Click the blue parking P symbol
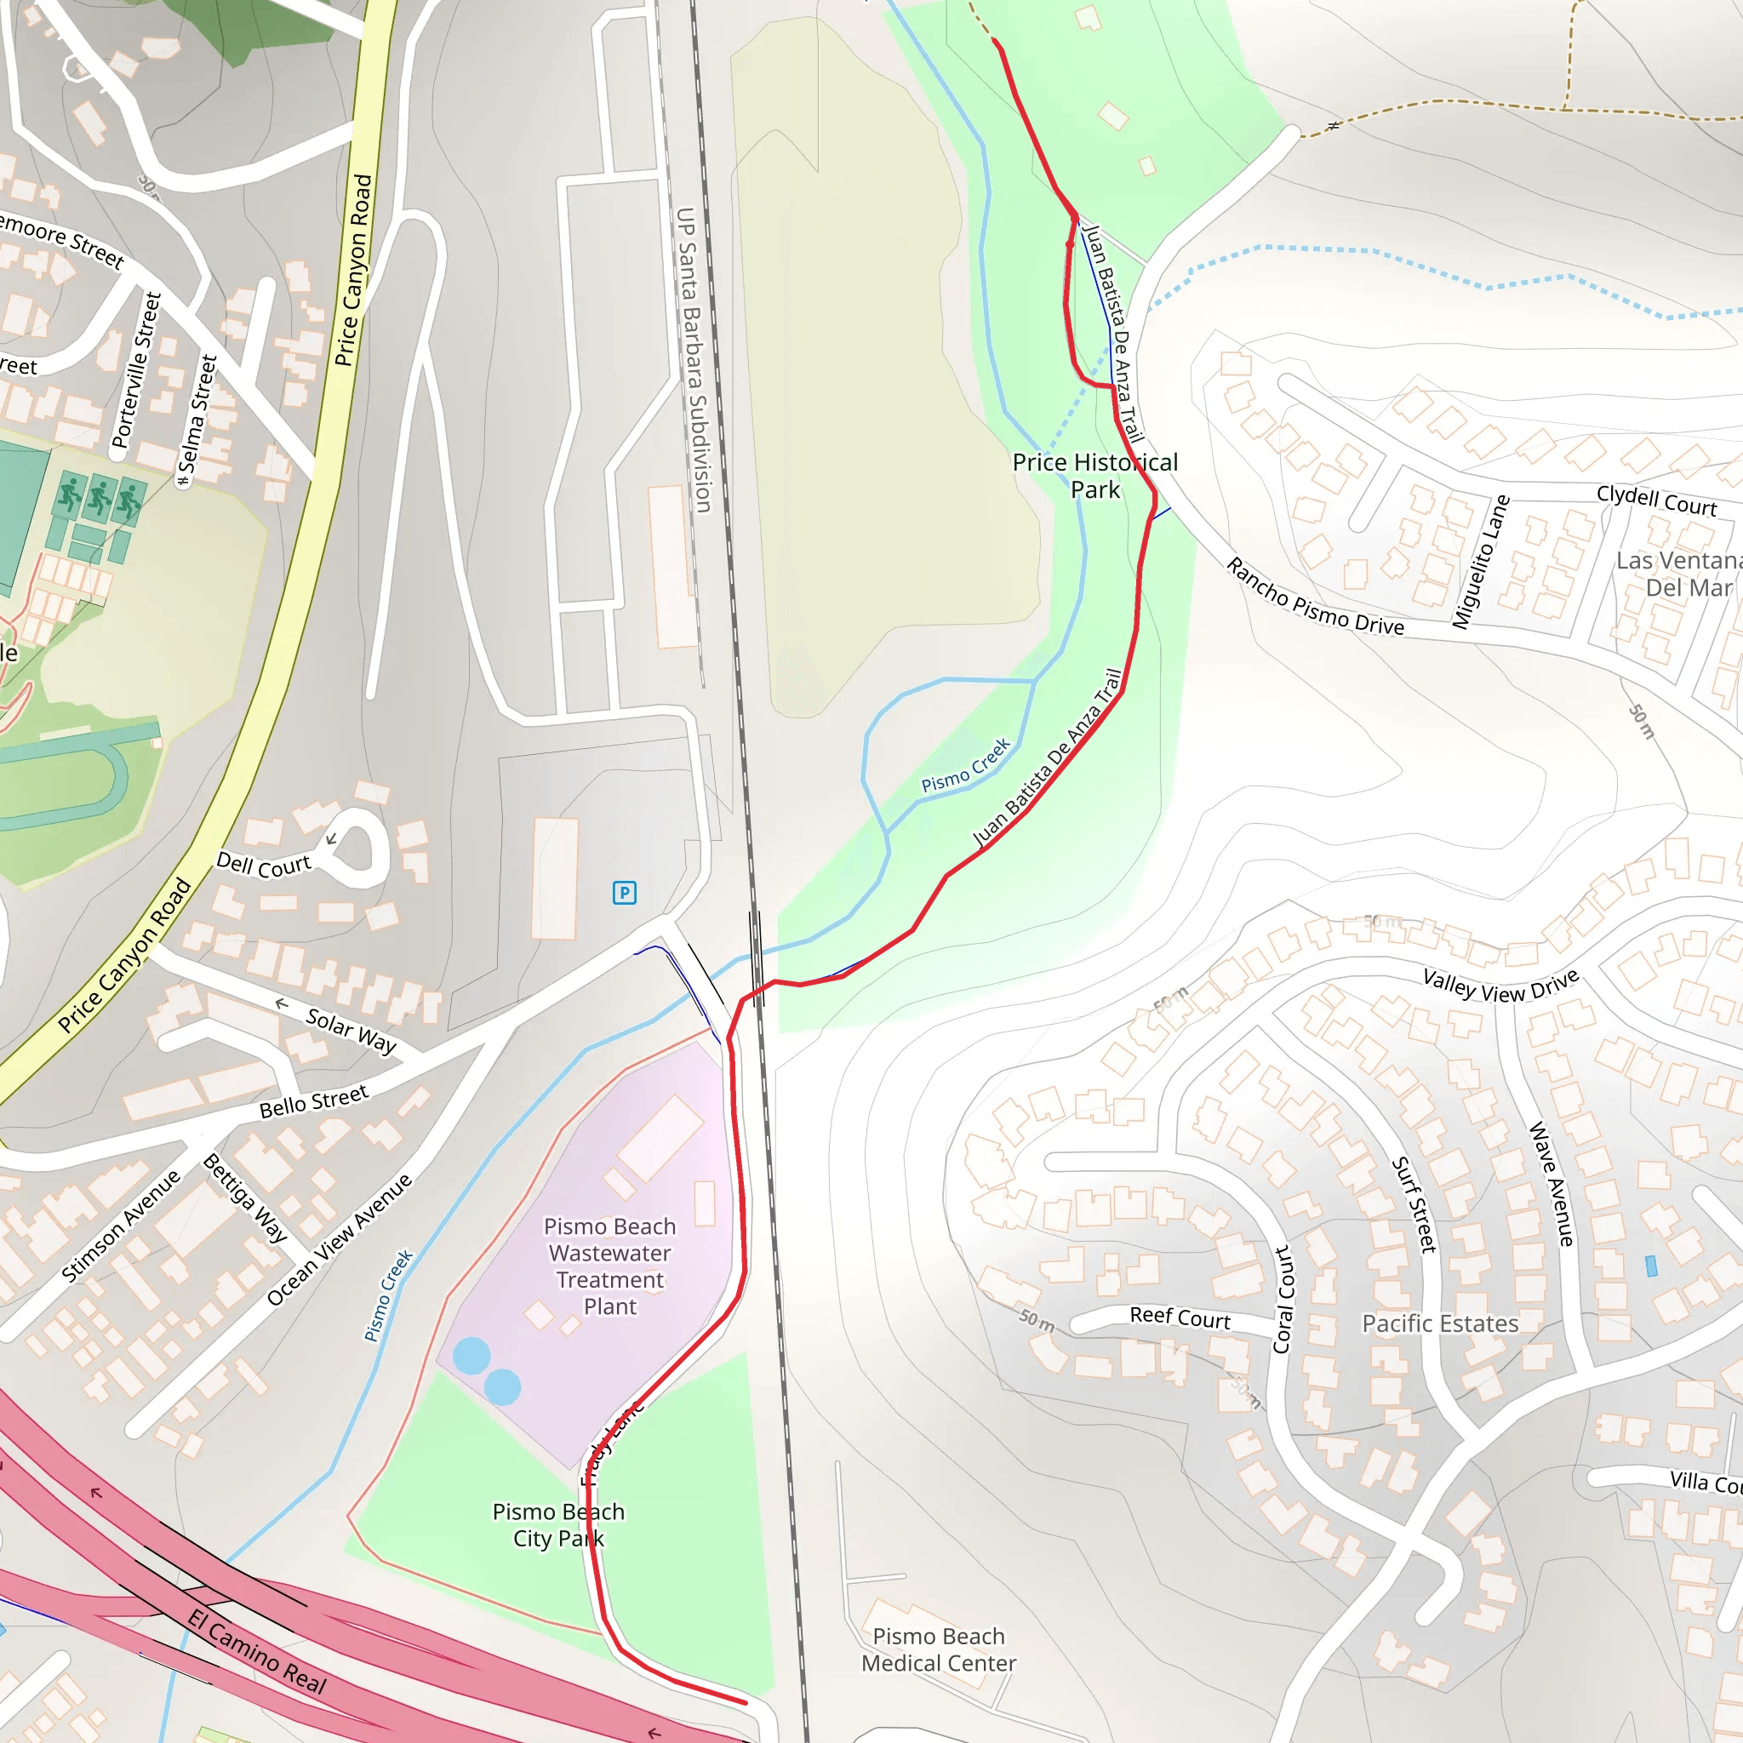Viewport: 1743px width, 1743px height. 625,892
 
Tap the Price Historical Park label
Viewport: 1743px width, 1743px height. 1094,476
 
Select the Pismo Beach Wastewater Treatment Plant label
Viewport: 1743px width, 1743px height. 610,1266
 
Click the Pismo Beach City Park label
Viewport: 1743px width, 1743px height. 557,1524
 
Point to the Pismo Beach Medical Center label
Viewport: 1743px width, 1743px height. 938,1649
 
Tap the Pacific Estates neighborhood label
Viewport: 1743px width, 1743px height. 1440,1323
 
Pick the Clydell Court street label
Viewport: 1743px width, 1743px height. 1656,500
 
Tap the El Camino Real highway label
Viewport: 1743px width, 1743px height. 257,1651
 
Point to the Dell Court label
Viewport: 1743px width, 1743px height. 264,866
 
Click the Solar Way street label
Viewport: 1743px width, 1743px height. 351,1031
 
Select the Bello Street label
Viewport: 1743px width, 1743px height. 314,1101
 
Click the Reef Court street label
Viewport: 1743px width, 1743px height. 1180,1317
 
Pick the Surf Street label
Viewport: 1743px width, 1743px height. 1414,1205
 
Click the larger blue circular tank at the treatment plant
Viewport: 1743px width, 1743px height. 471,1356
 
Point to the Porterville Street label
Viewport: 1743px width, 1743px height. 136,370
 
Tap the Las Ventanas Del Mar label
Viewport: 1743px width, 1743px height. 1679,574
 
